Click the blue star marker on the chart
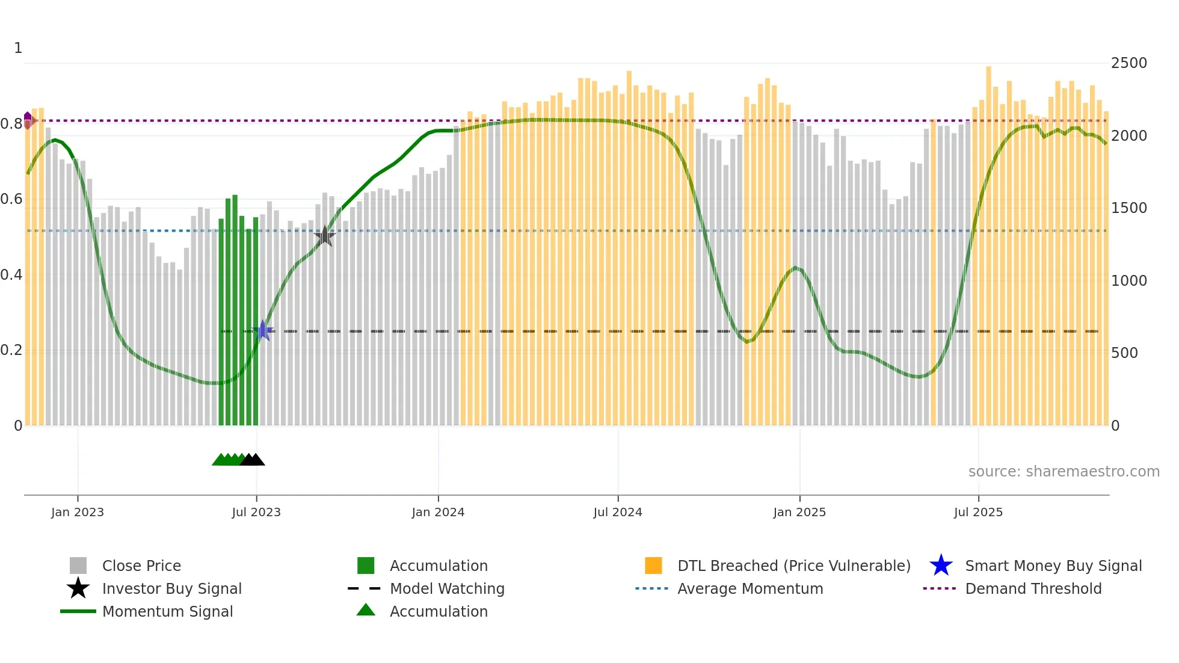[262, 330]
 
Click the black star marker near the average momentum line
[325, 236]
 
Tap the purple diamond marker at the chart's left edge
[28, 120]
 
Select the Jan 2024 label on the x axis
[438, 512]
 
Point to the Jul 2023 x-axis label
[256, 512]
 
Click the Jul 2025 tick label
[978, 512]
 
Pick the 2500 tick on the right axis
[1128, 63]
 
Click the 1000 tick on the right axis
[1128, 280]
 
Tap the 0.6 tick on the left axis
[11, 199]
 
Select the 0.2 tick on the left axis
[11, 350]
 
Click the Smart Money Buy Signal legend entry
[1053, 566]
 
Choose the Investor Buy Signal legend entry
[171, 588]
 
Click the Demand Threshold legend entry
[1033, 588]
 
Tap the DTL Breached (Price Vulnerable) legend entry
[793, 566]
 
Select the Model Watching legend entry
[446, 588]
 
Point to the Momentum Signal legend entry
[167, 611]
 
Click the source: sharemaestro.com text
[1064, 471]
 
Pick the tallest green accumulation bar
[235, 310]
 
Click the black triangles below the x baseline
[252, 460]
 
